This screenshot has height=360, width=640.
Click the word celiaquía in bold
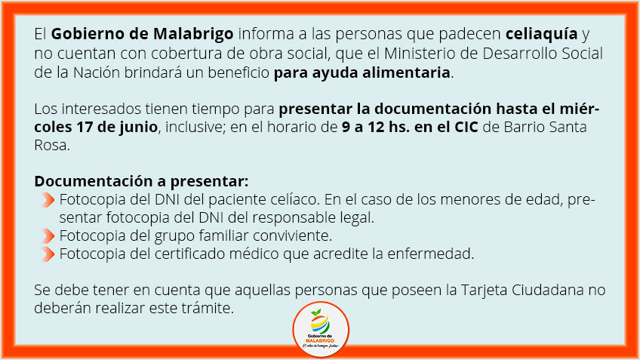tap(541, 34)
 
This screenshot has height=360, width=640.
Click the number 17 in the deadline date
tap(85, 127)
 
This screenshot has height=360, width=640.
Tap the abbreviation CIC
tap(466, 127)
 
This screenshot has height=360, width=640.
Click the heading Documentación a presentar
tap(141, 181)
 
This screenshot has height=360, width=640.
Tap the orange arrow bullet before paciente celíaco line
tap(48, 199)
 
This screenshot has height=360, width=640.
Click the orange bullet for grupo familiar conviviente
tap(48, 235)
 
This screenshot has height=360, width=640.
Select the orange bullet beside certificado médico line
tap(48, 254)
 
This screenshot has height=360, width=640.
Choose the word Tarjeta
tap(484, 291)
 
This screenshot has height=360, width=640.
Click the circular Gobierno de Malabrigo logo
tap(321, 329)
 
